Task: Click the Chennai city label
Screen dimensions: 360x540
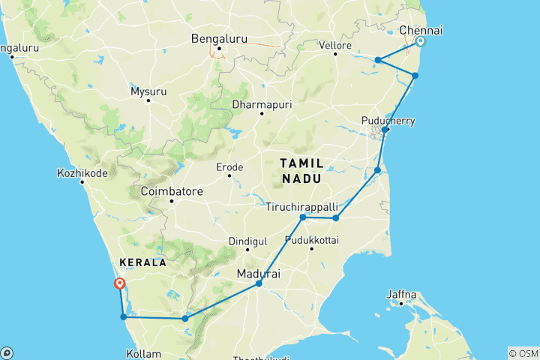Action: [421, 30]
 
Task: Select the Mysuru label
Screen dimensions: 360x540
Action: [148, 91]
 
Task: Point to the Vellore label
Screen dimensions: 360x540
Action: [336, 46]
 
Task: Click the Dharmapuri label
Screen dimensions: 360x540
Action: [262, 104]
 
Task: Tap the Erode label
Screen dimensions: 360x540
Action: [229, 166]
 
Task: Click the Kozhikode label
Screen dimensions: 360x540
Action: [82, 173]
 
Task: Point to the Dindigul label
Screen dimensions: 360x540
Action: [247, 241]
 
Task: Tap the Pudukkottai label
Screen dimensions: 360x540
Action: [312, 241]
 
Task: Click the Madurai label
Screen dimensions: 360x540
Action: [258, 274]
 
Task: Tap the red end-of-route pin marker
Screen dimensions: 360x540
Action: [118, 283]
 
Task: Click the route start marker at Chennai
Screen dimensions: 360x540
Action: [421, 42]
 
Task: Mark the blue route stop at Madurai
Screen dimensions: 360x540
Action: [259, 283]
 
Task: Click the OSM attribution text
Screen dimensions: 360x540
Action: [523, 352]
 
